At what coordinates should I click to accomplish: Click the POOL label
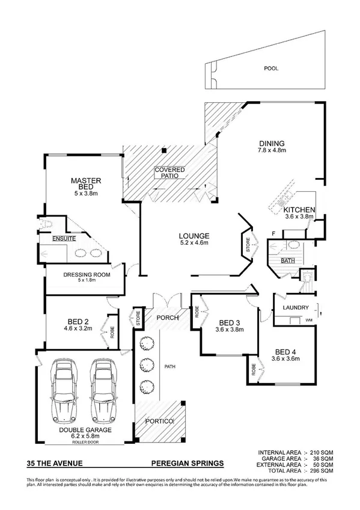click(x=271, y=69)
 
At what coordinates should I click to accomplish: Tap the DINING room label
click(x=271, y=143)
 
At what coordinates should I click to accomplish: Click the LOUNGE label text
click(x=194, y=235)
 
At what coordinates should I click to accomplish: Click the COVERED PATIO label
click(x=169, y=173)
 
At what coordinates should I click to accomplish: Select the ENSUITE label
click(x=64, y=239)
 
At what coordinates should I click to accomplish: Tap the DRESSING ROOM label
click(x=85, y=277)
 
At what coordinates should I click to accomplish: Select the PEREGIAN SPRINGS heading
click(x=187, y=463)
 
